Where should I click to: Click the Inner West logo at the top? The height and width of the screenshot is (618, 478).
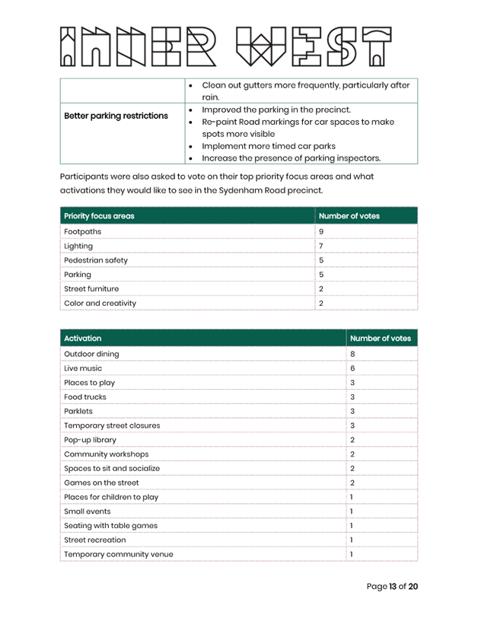point(225,47)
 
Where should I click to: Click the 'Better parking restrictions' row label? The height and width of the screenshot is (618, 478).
point(116,116)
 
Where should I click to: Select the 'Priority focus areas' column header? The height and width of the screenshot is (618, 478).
point(99,216)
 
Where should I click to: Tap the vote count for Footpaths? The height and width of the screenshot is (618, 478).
point(321,231)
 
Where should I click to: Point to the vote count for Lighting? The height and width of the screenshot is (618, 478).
point(321,246)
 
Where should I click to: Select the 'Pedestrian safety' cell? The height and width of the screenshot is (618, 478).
point(96,260)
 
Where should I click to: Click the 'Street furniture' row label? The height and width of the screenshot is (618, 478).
point(91,289)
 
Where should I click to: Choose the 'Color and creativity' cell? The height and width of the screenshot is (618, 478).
point(100,304)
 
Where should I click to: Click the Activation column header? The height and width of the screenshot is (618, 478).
point(83,338)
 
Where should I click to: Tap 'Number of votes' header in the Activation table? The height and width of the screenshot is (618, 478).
point(380,338)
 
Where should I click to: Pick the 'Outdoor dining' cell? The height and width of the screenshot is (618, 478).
point(91,354)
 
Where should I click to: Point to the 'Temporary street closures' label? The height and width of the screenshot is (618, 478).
point(112,425)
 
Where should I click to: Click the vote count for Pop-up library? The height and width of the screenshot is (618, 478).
point(352,440)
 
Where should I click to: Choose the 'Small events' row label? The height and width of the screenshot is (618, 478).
point(88,511)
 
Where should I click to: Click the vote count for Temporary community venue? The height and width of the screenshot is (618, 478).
point(351,554)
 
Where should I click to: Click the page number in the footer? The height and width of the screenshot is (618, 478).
point(392,587)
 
